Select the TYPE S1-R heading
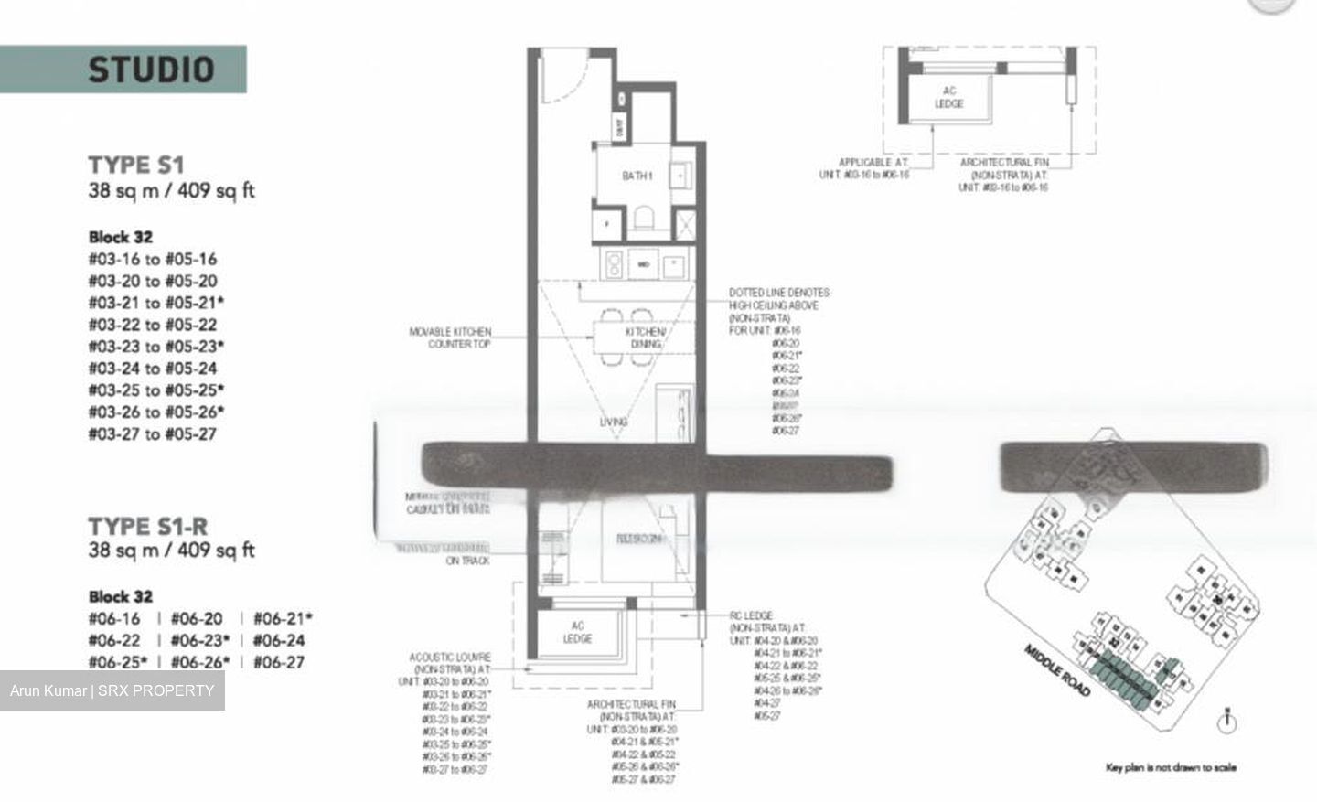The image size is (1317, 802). pos(147,527)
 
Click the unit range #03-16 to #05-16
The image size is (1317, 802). pos(153,259)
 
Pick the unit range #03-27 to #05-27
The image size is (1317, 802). pos(153,433)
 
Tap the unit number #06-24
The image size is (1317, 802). pos(279,640)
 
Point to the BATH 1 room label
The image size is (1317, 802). pos(637,176)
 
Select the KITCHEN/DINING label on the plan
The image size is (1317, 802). pos(645,337)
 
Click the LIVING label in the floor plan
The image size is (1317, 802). pos(614,422)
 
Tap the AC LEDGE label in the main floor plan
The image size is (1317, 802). pos(577,632)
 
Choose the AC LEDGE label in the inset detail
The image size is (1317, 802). pos(948,97)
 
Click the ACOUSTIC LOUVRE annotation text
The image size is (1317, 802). pos(450,663)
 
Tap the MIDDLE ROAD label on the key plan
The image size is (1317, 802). pos(1057,670)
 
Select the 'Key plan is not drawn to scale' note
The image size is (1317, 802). pos(1170,767)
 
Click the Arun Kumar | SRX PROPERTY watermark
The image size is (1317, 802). pos(112,690)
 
